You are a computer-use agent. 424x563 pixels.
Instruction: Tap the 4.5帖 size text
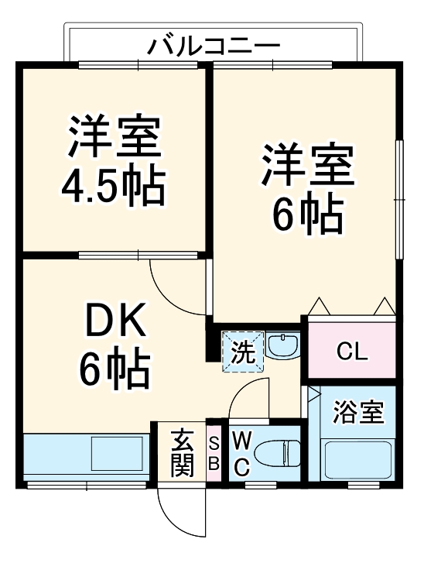(113, 185)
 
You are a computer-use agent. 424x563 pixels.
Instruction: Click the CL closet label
(352, 354)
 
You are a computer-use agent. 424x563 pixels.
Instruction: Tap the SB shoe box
(214, 453)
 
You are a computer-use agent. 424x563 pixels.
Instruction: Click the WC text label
(241, 453)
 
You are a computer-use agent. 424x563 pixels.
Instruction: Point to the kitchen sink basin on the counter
(117, 452)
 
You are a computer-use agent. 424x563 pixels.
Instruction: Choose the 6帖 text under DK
(114, 370)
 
